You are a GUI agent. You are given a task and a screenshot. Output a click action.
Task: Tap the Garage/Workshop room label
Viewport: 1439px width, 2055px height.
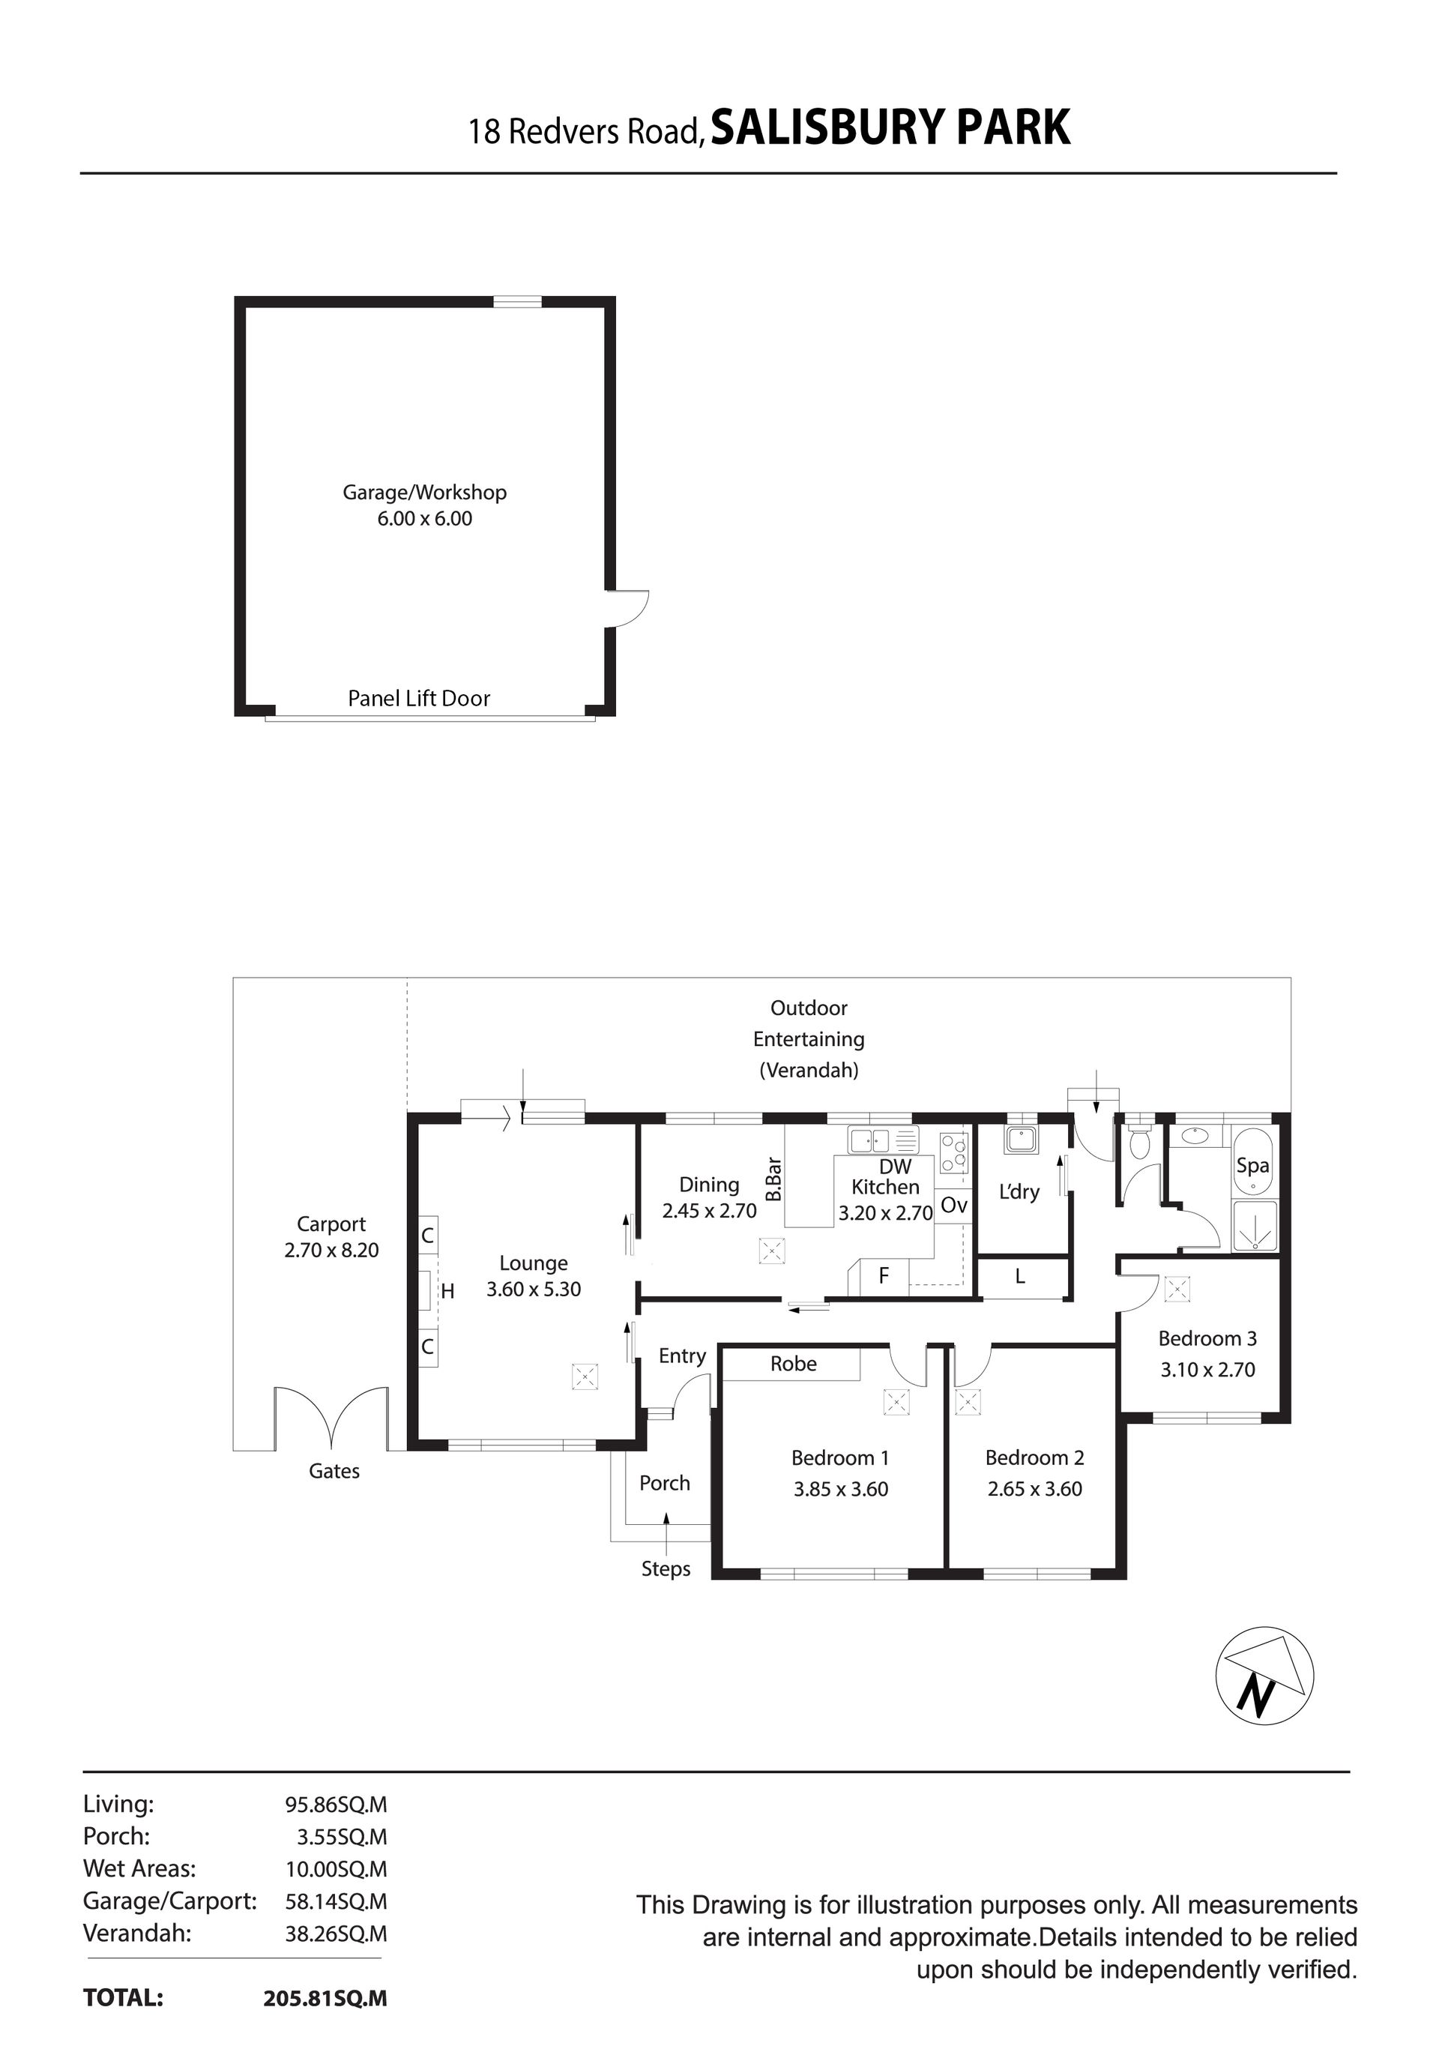pyautogui.click(x=424, y=493)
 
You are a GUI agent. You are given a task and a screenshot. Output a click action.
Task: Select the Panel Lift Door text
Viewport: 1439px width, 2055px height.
pyautogui.click(x=419, y=698)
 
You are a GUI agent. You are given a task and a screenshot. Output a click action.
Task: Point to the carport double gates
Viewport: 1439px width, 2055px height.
pyautogui.click(x=332, y=1416)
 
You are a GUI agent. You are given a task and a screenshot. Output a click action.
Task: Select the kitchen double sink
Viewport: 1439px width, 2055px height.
pyautogui.click(x=884, y=1140)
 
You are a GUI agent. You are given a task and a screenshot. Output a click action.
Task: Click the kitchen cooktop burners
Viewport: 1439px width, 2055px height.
pyautogui.click(x=954, y=1152)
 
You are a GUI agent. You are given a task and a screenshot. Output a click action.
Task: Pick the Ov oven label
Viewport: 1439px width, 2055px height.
pyautogui.click(x=954, y=1206)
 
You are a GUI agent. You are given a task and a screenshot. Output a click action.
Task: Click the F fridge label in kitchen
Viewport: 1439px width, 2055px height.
pyautogui.click(x=884, y=1275)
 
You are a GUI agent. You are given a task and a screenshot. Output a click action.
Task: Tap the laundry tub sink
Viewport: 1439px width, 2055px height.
pyautogui.click(x=1020, y=1140)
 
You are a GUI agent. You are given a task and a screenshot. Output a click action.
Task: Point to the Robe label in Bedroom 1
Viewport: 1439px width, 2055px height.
pyautogui.click(x=793, y=1363)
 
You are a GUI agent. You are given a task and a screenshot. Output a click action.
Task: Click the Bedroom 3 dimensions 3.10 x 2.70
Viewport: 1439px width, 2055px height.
pyautogui.click(x=1207, y=1370)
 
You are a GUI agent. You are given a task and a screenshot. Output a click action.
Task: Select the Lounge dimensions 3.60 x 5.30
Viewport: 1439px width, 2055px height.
pyautogui.click(x=534, y=1289)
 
